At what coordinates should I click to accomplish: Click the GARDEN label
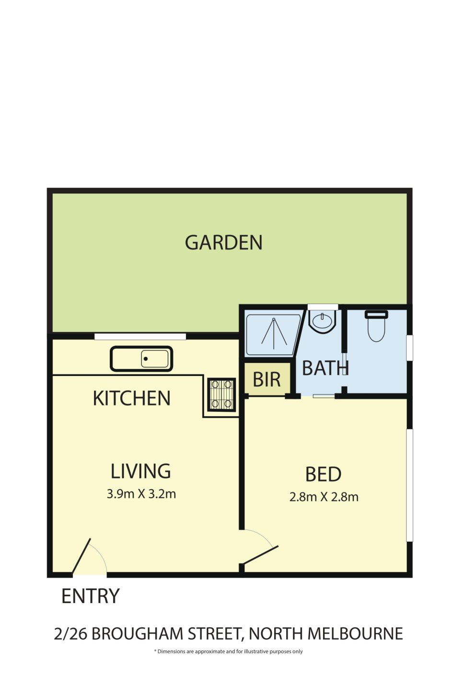(x=223, y=243)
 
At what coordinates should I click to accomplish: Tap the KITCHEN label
(x=131, y=398)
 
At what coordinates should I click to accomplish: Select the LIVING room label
(x=140, y=471)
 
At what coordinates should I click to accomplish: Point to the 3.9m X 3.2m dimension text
(x=141, y=494)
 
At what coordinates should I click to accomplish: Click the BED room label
(x=323, y=475)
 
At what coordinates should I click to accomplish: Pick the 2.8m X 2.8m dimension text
(x=324, y=497)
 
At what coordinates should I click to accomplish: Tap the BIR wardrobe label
(x=267, y=380)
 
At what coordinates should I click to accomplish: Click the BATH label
(x=325, y=368)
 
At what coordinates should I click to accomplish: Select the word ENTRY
(x=90, y=596)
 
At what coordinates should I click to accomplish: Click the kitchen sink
(x=141, y=359)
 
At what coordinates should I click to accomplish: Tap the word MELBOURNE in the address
(x=355, y=634)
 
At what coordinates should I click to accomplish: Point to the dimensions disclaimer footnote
(x=228, y=651)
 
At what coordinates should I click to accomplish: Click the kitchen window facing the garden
(x=140, y=336)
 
